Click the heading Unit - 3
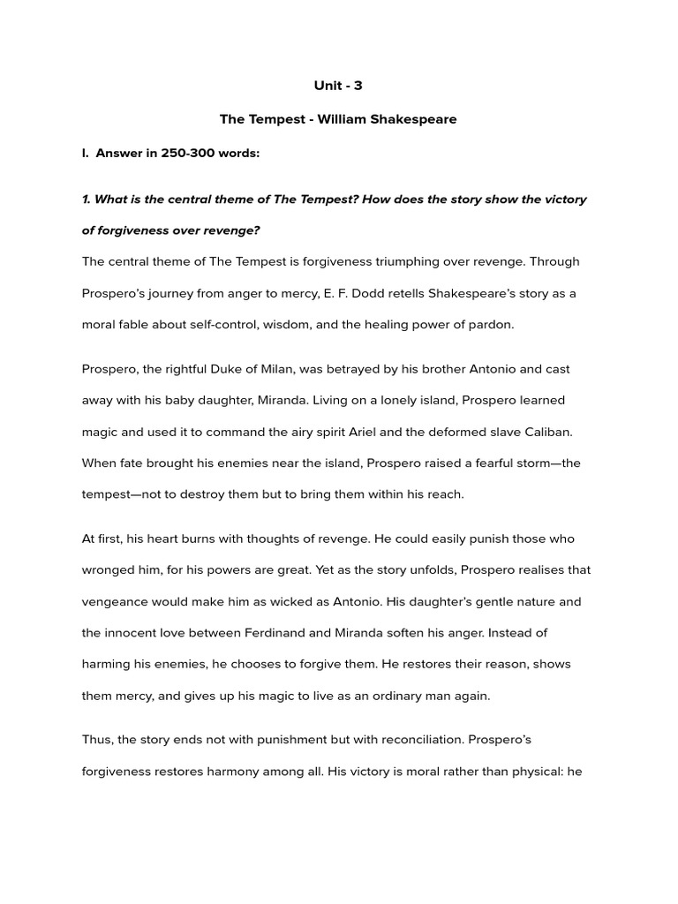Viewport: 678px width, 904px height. (x=338, y=86)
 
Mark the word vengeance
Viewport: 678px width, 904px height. (x=118, y=602)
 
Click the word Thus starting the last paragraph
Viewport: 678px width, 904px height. (x=97, y=740)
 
